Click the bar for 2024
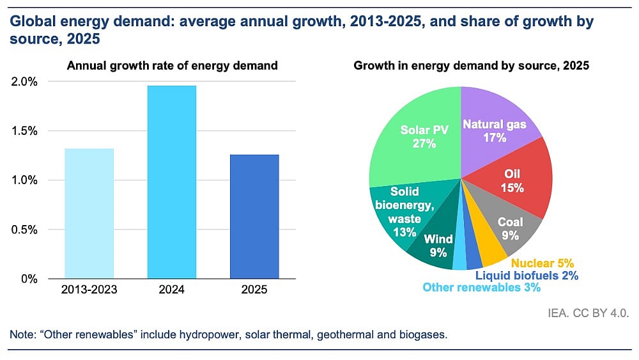(x=172, y=182)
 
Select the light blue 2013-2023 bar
(x=89, y=214)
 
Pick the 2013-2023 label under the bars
(x=89, y=290)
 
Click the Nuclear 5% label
(x=542, y=263)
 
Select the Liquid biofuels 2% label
(x=528, y=276)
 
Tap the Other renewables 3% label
(x=481, y=288)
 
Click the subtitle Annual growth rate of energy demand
(x=173, y=65)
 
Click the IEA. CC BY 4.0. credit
(x=589, y=313)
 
